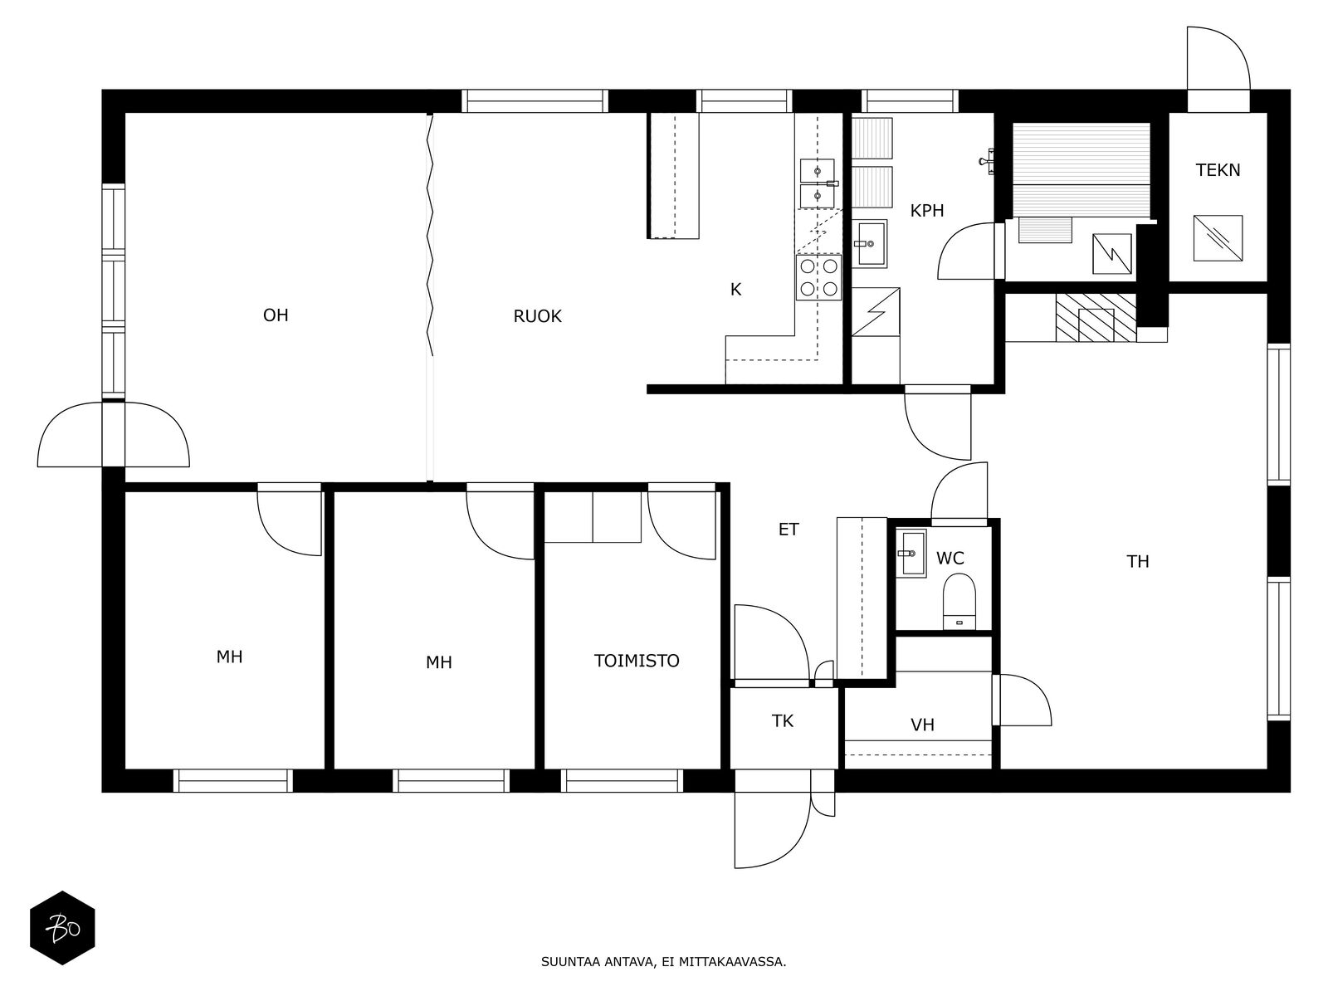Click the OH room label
(x=276, y=315)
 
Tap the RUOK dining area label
(x=537, y=316)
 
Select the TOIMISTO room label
(x=637, y=661)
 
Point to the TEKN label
(x=1218, y=170)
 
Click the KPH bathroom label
(x=927, y=211)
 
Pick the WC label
(x=950, y=558)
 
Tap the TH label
(x=1137, y=562)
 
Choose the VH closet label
(x=922, y=725)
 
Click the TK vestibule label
(x=783, y=721)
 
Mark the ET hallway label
(x=788, y=530)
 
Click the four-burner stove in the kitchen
(x=818, y=277)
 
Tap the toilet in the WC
(x=959, y=602)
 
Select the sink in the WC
(x=911, y=553)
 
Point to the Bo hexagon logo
(x=62, y=928)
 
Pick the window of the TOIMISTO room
(x=622, y=781)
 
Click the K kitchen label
(x=735, y=290)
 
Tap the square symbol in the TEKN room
(x=1218, y=238)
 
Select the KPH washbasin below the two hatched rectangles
(x=870, y=244)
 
